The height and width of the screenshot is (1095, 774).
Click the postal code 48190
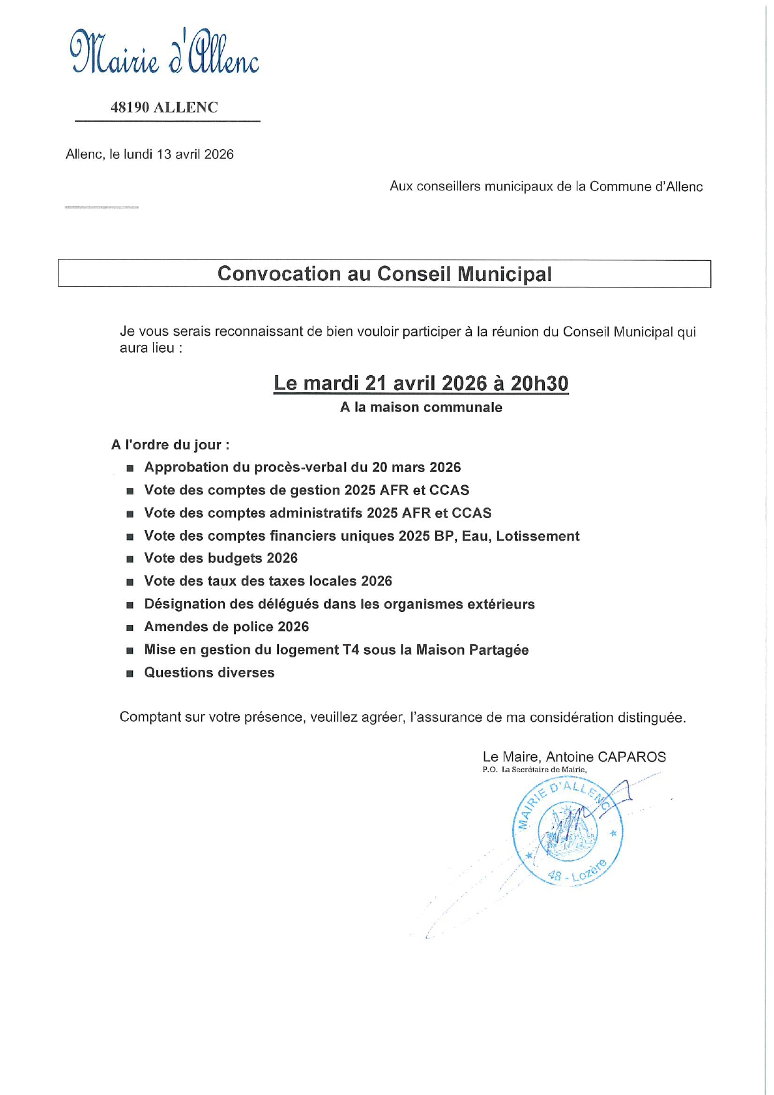(130, 107)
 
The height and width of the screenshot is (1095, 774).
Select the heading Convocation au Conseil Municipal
(385, 274)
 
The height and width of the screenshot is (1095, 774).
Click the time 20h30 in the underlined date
(539, 383)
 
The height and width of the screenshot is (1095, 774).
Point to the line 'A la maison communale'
(421, 408)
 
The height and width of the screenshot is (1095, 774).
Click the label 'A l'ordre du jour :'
(170, 445)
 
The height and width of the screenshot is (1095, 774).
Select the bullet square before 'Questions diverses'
(130, 674)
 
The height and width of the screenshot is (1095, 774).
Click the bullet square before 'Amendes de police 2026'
(130, 628)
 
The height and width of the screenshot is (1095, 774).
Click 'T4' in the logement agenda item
(350, 650)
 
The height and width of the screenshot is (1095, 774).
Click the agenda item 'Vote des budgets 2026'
(221, 558)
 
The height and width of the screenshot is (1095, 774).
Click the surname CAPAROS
(632, 757)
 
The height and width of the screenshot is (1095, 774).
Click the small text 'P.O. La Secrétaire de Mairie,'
(534, 770)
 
